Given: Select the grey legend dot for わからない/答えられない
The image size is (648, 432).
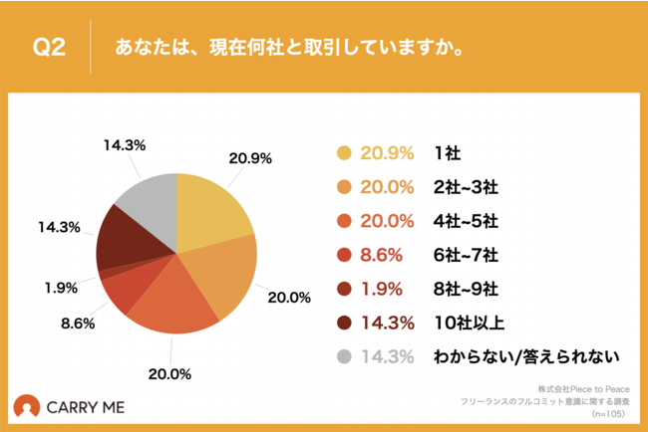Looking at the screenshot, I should coord(345,355).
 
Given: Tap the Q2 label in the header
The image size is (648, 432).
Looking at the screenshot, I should coord(49,47).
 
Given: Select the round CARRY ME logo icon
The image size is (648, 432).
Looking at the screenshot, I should coord(27,406).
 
